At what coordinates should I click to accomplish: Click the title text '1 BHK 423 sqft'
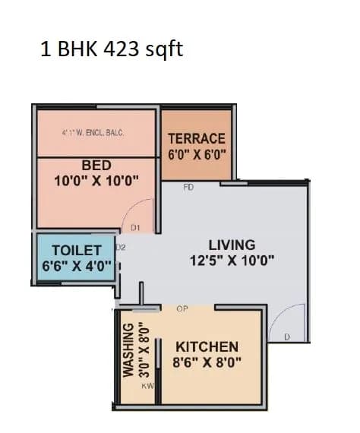pos(112,50)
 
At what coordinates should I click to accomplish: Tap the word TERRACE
pos(197,138)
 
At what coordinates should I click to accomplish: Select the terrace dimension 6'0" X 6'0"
pos(197,154)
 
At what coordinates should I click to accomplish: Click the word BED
pos(96,165)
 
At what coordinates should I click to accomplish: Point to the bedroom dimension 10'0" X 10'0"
pos(96,182)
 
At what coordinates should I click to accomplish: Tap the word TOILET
pos(76,251)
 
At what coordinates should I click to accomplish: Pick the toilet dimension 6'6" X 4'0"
pos(77,267)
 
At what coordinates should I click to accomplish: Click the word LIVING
pos(232,245)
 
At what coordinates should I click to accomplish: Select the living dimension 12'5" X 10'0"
pos(232,261)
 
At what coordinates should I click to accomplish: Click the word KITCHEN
pos(207,346)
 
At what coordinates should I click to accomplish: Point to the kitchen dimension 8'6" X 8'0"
pos(207,362)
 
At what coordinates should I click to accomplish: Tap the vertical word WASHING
pos(128,351)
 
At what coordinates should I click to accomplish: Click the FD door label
pos(189,186)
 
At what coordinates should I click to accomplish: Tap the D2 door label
pos(120,246)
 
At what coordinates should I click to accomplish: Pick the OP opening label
pos(182,309)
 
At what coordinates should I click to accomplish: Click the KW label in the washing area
pos(147,385)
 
